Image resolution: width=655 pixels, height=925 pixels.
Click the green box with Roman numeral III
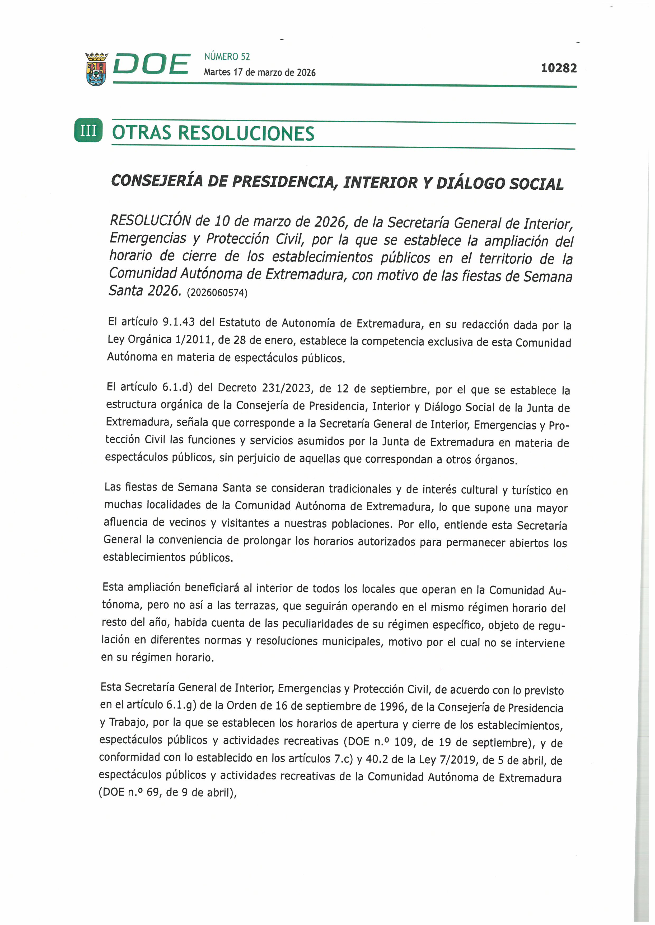point(88,131)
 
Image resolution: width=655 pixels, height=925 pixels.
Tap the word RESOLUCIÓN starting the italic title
point(150,221)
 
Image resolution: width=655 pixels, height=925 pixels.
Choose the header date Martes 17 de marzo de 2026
point(259,73)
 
